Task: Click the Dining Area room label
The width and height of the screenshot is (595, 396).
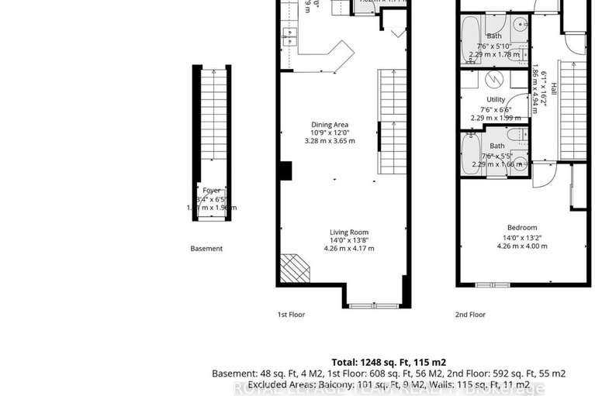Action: [329, 124]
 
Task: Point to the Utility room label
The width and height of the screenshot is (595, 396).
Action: [496, 100]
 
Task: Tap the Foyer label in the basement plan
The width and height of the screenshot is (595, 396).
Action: [212, 190]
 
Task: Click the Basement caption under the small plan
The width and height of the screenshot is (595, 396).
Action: [206, 249]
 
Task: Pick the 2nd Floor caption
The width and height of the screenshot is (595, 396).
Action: [470, 315]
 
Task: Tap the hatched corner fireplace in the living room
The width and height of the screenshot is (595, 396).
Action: [295, 269]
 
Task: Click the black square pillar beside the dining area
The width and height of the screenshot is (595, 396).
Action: [285, 170]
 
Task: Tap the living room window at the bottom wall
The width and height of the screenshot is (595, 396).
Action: [374, 306]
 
